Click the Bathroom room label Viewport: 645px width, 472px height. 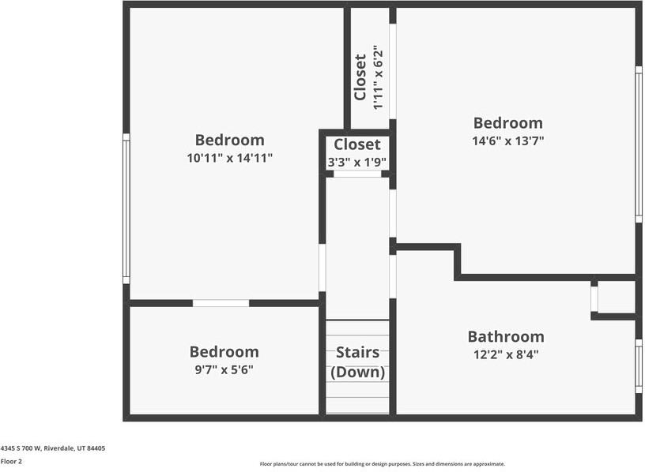(505, 336)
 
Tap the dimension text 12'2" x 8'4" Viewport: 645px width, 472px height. (505, 354)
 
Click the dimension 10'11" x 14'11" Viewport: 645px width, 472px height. (229, 158)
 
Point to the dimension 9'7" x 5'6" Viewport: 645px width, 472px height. (224, 369)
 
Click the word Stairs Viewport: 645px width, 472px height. (357, 352)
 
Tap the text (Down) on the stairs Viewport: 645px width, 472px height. (357, 372)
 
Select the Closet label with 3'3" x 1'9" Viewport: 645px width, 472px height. (356, 144)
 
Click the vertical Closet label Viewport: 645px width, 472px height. (360, 77)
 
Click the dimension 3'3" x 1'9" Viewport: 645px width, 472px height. (356, 163)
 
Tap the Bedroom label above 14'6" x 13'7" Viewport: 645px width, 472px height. (508, 123)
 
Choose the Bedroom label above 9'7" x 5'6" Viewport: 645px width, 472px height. (224, 352)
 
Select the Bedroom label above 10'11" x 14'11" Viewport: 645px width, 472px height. (229, 140)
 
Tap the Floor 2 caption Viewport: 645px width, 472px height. (11, 461)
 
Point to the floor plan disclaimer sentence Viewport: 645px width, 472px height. (382, 464)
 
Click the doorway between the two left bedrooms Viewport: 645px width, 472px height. (221, 303)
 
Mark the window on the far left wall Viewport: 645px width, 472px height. (126, 209)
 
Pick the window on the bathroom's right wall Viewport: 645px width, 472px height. (639, 365)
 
